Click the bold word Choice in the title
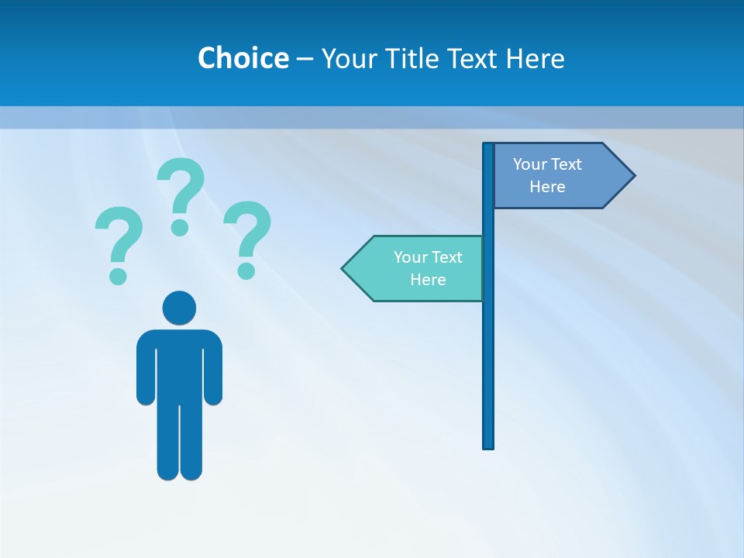[x=243, y=58]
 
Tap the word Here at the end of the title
[x=535, y=58]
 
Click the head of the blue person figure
[x=179, y=308]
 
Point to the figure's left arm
[x=146, y=368]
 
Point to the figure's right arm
[x=213, y=368]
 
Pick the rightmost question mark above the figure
[x=247, y=237]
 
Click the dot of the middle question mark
[x=180, y=227]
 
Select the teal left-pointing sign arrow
[x=415, y=268]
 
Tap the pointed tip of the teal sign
[x=344, y=269]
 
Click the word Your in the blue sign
[x=530, y=164]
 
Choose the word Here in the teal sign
[x=428, y=280]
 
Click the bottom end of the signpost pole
[x=488, y=445]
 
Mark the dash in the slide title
[x=305, y=59]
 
